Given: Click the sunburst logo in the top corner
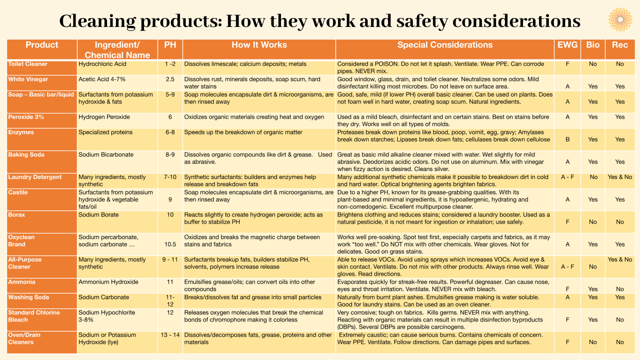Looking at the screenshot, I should click(x=620, y=19).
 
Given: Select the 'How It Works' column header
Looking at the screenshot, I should click(x=259, y=45).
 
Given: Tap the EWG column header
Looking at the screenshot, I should click(x=567, y=45).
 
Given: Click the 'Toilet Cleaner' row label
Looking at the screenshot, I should click(x=28, y=64).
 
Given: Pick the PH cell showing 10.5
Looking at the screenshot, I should click(x=170, y=244).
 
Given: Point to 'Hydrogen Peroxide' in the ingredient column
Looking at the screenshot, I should click(x=104, y=117).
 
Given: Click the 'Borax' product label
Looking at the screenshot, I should click(x=16, y=215).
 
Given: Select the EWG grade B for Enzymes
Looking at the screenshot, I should click(x=567, y=139).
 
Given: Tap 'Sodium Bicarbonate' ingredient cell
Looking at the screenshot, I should click(x=106, y=154).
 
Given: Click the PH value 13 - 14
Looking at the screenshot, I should click(x=170, y=335).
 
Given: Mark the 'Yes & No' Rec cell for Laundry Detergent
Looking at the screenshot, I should click(x=620, y=177).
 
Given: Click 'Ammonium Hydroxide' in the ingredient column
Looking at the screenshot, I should click(x=107, y=282).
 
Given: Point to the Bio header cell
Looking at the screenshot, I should click(x=593, y=45).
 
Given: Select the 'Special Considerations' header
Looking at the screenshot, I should click(x=444, y=45).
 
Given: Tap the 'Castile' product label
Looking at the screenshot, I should click(x=18, y=192).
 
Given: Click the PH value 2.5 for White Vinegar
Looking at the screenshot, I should click(x=170, y=79).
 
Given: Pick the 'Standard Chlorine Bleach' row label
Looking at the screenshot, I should click(x=34, y=316).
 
